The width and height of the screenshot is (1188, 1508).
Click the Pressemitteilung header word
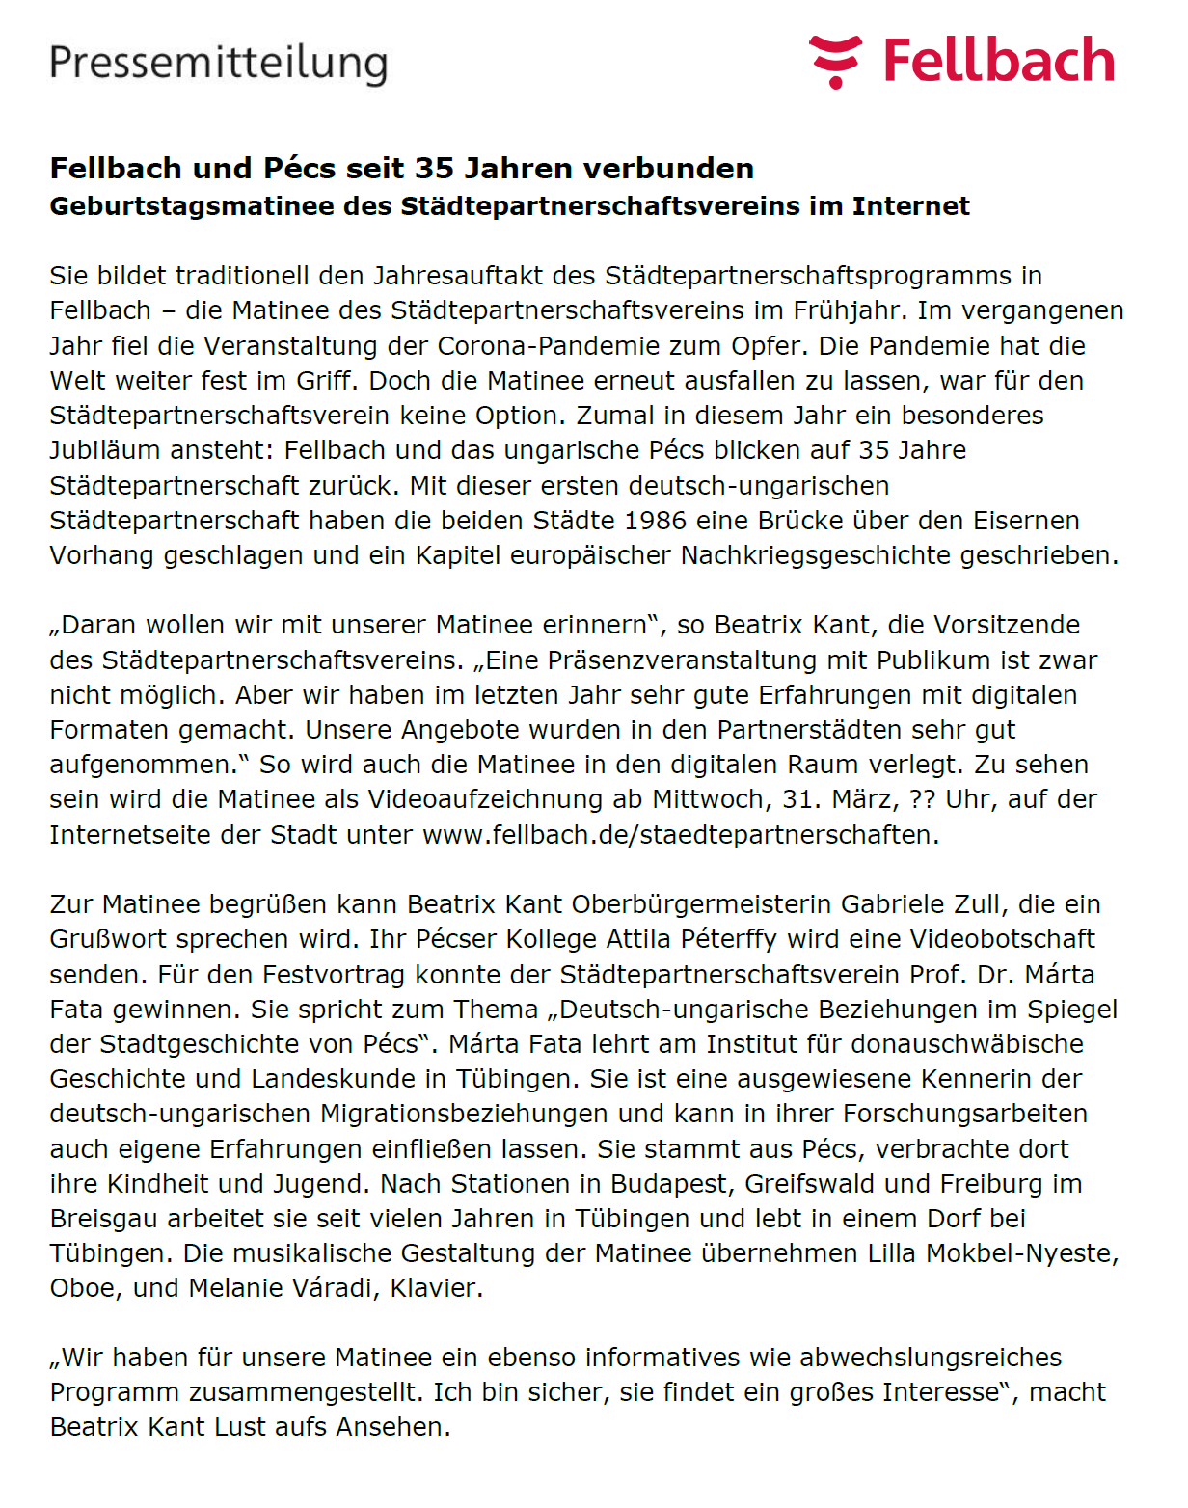coord(218,64)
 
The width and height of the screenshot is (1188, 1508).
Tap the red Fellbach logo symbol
coord(835,61)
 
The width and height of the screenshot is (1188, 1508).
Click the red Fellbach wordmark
coord(999,61)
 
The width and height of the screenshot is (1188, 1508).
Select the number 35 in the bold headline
coord(434,169)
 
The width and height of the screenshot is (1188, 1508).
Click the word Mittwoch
coord(709,799)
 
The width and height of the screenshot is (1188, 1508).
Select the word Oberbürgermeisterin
coord(702,904)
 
